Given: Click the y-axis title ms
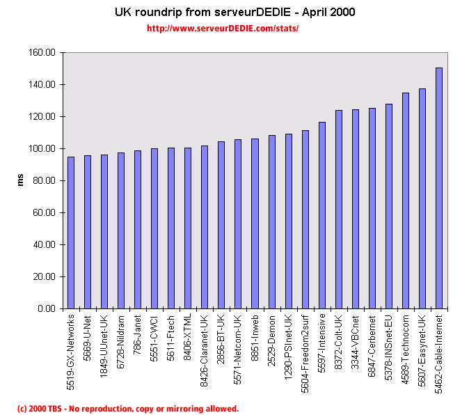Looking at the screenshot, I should coord(20,180).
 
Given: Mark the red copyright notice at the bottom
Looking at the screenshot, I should coord(128,409).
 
